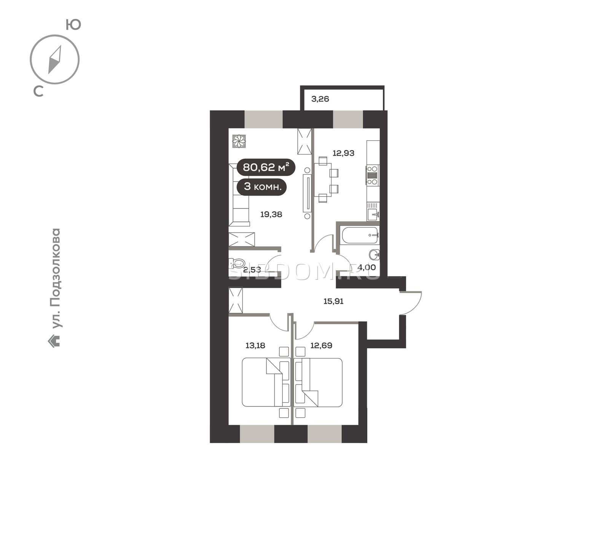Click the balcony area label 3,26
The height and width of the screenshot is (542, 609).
[320, 99]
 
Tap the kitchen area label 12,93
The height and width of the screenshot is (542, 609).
[343, 153]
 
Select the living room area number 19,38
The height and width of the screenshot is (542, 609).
[271, 215]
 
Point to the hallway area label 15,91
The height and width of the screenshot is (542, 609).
[333, 301]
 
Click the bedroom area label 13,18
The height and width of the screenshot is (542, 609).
[255, 346]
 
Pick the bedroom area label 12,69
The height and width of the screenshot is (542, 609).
[321, 346]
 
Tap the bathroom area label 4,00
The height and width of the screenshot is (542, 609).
[367, 268]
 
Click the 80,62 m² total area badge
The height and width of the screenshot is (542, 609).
[266, 167]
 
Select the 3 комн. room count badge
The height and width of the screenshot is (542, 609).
[262, 187]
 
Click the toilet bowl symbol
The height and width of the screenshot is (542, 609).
[237, 263]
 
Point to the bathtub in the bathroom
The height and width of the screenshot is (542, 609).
[360, 235]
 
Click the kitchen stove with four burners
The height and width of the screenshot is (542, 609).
[373, 175]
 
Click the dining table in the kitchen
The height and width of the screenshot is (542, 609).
[322, 179]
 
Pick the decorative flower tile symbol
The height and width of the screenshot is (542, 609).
[239, 141]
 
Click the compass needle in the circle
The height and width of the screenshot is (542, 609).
[55, 60]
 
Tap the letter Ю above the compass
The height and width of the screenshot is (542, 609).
[73, 25]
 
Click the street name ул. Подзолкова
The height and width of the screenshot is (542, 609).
[56, 278]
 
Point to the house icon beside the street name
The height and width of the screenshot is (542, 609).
[54, 341]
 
